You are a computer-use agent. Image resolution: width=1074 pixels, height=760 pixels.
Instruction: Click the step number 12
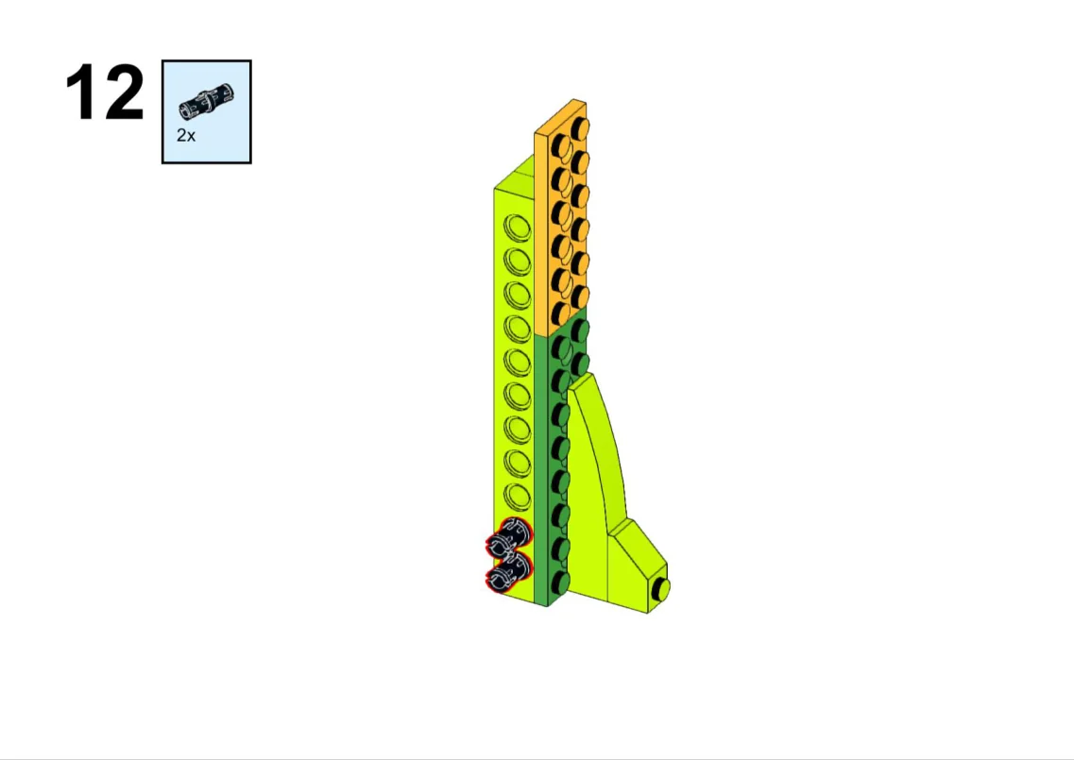coord(105,93)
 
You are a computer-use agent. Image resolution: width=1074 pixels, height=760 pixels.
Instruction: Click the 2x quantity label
coord(186,136)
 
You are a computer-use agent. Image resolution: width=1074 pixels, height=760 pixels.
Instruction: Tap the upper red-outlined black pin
coord(508,538)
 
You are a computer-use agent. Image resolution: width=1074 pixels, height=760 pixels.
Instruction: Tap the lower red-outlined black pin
coord(508,571)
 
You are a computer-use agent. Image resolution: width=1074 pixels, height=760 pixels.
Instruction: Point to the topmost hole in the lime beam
coord(517,228)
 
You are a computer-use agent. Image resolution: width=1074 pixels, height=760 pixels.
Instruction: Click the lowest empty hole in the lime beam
coord(517,497)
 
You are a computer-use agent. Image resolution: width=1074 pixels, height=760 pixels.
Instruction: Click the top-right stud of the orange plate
coord(579,128)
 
